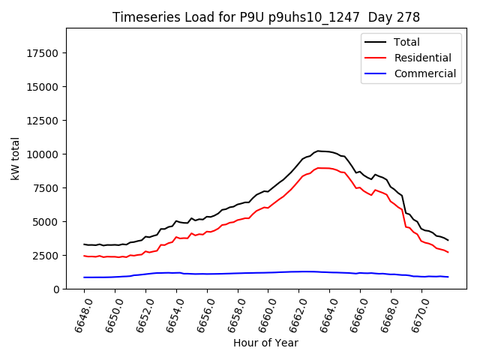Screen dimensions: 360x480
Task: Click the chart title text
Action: point(266,17)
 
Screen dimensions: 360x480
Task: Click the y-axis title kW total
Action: point(16,158)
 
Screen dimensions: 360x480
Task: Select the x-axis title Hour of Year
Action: point(265,343)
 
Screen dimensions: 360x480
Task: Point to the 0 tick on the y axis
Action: point(57,289)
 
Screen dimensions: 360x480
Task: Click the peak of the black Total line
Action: point(318,151)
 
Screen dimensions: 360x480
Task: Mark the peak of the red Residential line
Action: point(318,168)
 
